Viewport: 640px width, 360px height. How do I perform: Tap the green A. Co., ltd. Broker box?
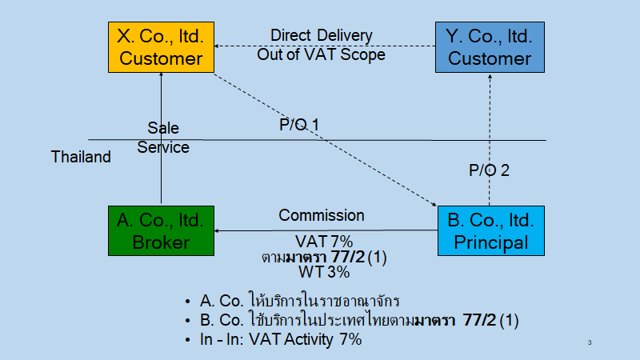click(x=162, y=230)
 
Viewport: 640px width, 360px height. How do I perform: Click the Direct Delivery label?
click(x=321, y=36)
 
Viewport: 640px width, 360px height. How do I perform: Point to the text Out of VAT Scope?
click(x=321, y=54)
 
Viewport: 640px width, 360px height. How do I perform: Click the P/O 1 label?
click(x=299, y=125)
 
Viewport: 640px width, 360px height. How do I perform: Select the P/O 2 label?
click(x=488, y=170)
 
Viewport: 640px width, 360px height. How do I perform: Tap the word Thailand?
click(x=81, y=157)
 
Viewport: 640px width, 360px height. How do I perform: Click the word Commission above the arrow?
click(x=321, y=215)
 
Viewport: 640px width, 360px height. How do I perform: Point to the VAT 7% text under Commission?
click(x=324, y=242)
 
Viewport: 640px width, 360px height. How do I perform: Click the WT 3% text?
click(x=324, y=272)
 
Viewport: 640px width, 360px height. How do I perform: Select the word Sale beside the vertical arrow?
click(x=163, y=128)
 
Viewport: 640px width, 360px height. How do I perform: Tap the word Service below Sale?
click(x=163, y=147)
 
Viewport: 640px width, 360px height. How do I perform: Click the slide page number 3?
click(x=590, y=343)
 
